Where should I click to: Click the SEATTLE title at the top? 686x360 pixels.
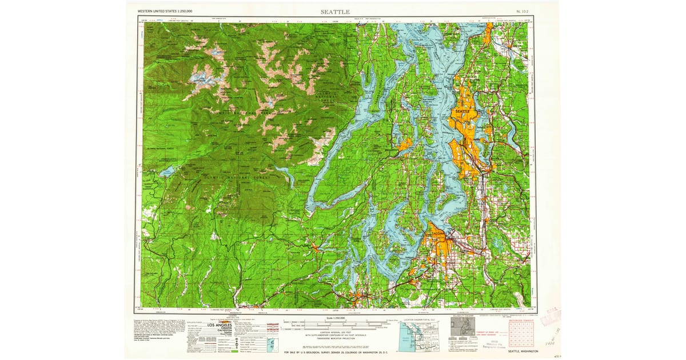click(x=340, y=11)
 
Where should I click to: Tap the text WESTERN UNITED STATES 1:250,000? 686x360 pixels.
click(x=165, y=11)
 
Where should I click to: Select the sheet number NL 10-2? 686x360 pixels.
click(x=522, y=11)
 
